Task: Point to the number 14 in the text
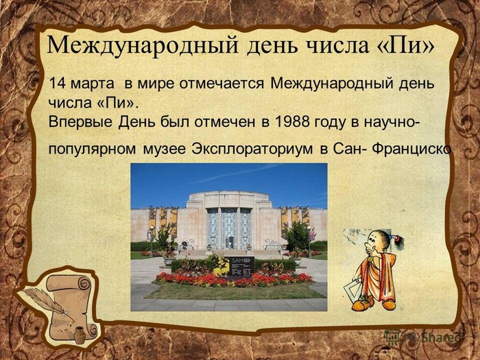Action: [59, 84]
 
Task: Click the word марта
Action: [94, 84]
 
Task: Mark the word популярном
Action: [90, 148]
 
